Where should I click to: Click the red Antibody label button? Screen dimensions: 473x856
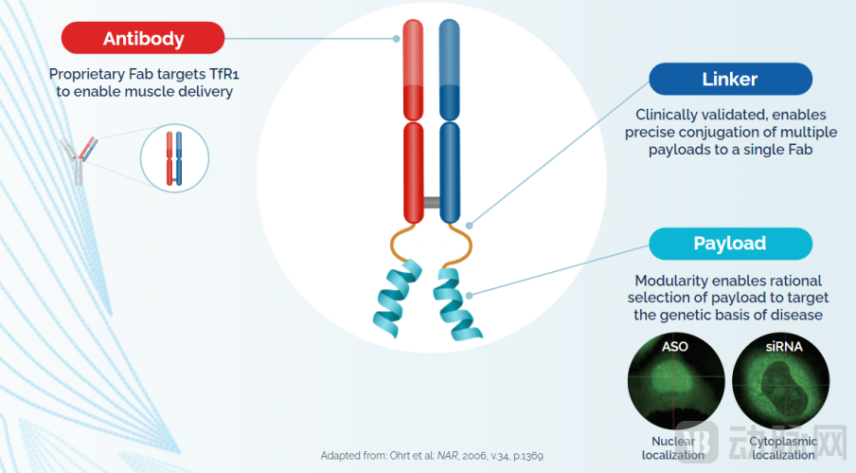pos(143,38)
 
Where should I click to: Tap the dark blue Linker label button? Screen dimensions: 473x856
pos(730,79)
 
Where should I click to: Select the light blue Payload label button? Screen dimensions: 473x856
pos(730,244)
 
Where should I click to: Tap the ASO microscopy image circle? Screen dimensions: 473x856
pos(675,380)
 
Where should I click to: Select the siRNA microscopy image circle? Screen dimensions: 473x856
pos(780,380)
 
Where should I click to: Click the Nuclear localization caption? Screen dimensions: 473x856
pos(674,448)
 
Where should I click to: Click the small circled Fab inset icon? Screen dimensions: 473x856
pos(173,157)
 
